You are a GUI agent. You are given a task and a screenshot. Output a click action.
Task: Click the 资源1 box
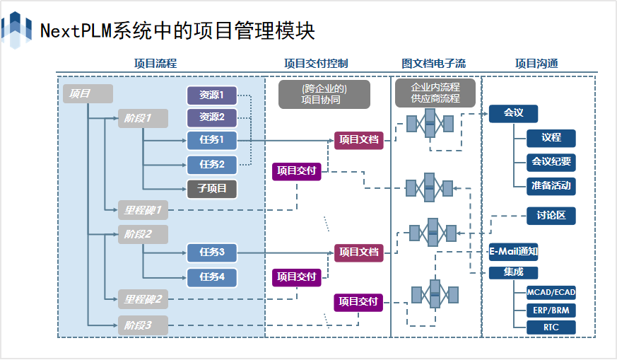click(x=212, y=95)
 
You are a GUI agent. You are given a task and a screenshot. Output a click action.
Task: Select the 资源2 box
click(x=212, y=117)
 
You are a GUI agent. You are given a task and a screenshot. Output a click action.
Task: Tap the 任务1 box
click(x=212, y=140)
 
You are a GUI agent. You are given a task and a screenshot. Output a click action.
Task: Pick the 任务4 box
click(x=212, y=277)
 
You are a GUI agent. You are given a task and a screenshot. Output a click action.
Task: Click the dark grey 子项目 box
click(x=212, y=189)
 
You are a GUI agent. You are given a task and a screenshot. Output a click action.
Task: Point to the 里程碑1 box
click(x=143, y=210)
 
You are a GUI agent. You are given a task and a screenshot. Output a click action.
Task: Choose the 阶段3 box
click(x=143, y=325)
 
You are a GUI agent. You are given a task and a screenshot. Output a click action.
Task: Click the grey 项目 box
click(x=88, y=94)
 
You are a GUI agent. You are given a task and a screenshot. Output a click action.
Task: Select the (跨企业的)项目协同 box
click(x=324, y=95)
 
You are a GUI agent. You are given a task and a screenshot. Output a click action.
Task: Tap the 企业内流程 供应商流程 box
click(x=435, y=93)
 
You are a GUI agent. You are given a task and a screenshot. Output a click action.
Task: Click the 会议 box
click(x=513, y=113)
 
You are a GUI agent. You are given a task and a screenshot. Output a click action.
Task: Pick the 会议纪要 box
click(x=551, y=162)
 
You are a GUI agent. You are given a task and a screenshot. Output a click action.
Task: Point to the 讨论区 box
click(x=551, y=216)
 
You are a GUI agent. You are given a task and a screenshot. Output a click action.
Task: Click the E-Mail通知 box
click(x=513, y=252)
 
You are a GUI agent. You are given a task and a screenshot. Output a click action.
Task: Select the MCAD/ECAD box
click(x=551, y=293)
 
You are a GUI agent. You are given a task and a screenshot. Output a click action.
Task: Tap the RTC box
click(x=551, y=327)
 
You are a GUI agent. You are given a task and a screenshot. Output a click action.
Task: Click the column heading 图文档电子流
click(x=433, y=64)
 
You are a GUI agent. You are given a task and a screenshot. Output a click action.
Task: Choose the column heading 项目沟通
click(x=536, y=64)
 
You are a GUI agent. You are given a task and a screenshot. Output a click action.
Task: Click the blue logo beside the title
click(x=16, y=30)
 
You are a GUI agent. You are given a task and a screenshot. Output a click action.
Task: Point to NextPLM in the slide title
click(x=76, y=30)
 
